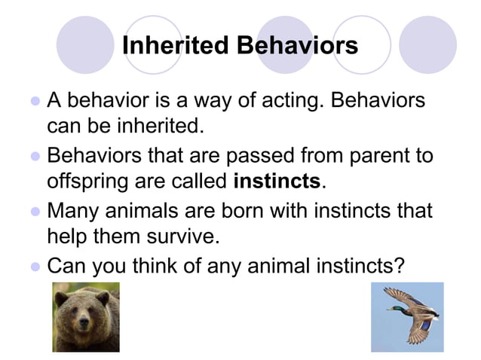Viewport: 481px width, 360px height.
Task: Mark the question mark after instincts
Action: pyautogui.click(x=399, y=266)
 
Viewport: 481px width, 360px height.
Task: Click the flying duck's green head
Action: pyautogui.click(x=394, y=307)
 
